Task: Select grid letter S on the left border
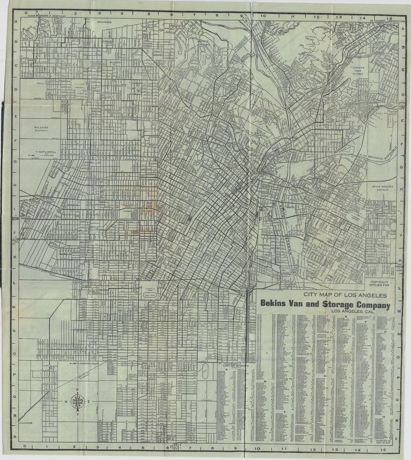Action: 14,436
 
